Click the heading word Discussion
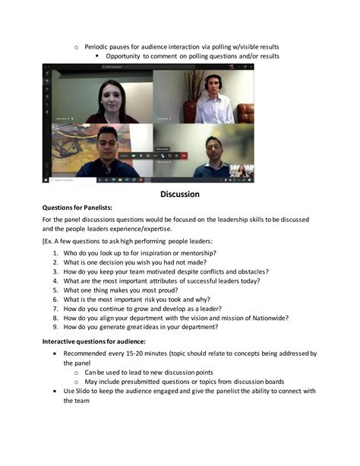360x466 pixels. (180, 194)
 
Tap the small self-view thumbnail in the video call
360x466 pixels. (242, 171)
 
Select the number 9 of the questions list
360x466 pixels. (55, 328)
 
